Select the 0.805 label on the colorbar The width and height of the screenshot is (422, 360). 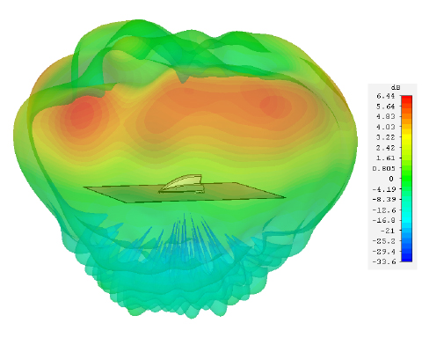coord(384,169)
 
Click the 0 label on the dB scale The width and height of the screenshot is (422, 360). coord(391,179)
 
